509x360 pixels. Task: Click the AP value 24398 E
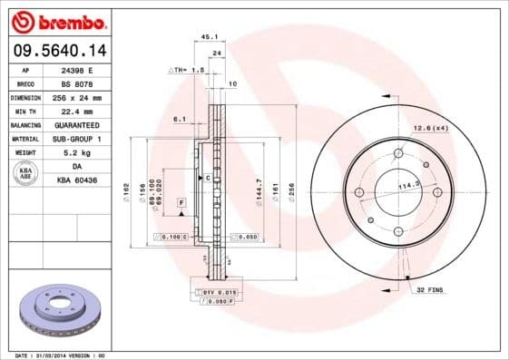point(77,69)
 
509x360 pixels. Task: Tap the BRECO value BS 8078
point(77,83)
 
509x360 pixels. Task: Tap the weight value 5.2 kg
point(78,153)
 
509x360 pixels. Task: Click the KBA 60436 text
point(78,180)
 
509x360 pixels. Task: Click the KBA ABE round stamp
point(24,174)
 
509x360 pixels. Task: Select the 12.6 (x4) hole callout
point(430,129)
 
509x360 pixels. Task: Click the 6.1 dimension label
point(180,118)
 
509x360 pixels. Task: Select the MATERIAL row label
point(24,139)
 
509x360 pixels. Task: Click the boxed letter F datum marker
point(181,200)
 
